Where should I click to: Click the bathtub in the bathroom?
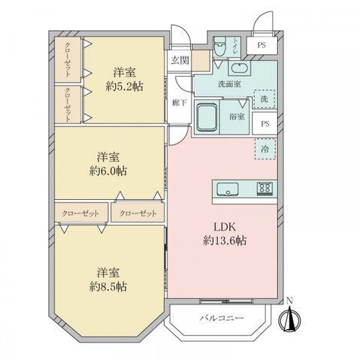pos(207,116)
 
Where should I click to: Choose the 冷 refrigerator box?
pos(264,150)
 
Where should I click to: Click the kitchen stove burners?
pos(265,189)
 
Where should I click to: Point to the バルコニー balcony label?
pos(222,319)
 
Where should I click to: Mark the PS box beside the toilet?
pos(261,46)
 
